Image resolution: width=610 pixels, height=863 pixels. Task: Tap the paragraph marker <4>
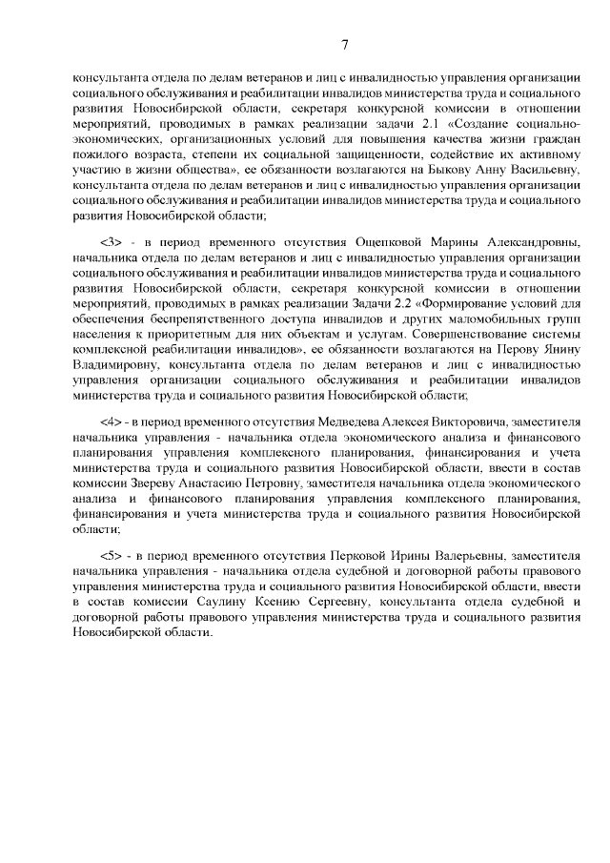pos(111,420)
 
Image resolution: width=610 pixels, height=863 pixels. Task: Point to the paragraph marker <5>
pos(111,554)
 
